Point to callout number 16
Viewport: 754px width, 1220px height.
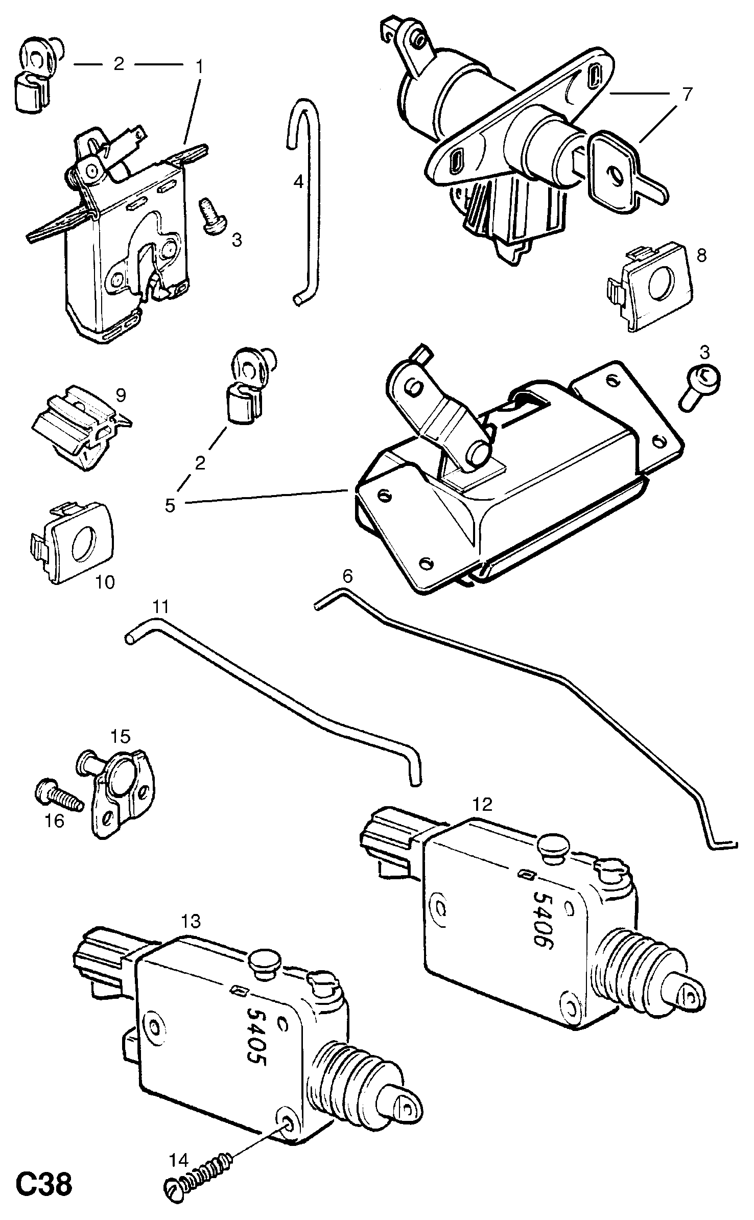click(55, 821)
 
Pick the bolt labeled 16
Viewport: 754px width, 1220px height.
click(59, 803)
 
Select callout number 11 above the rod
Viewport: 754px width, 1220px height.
click(160, 607)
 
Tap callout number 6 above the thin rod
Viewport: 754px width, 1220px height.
click(347, 577)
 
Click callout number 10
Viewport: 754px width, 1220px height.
click(105, 582)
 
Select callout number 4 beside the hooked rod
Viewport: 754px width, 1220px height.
click(298, 181)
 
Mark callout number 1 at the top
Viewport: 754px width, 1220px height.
click(199, 66)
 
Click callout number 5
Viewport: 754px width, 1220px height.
click(170, 505)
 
